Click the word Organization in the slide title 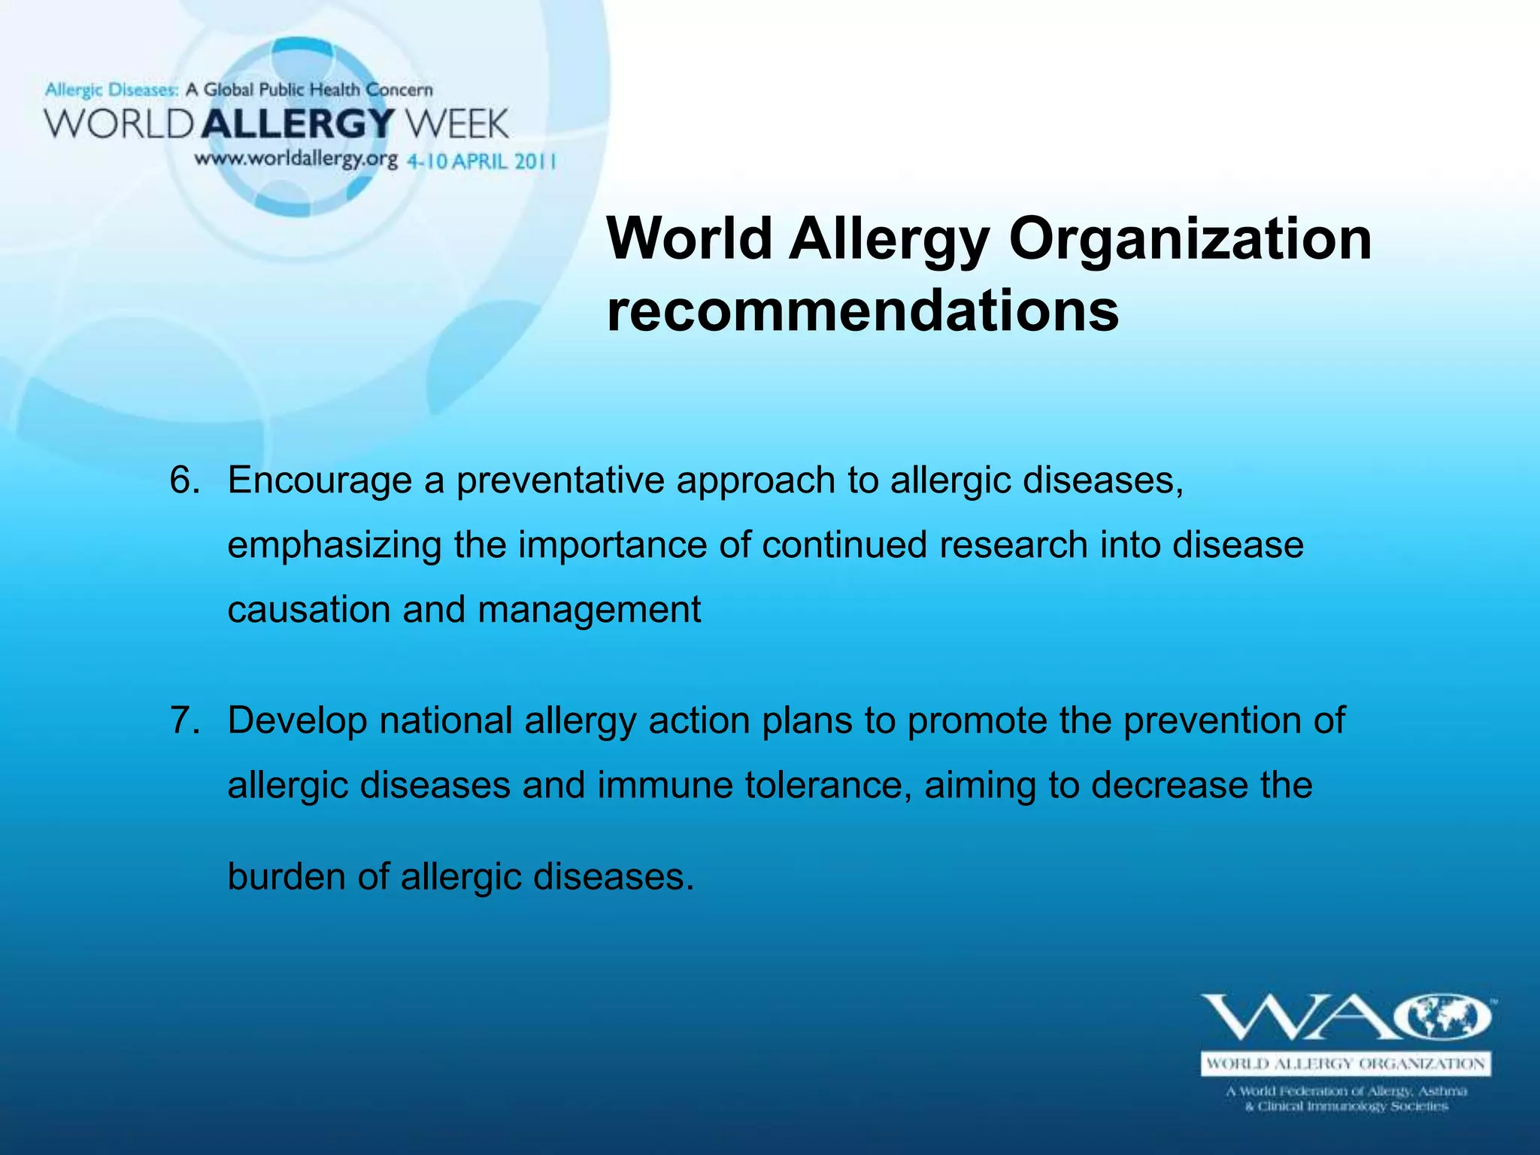(1190, 239)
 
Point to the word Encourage (320, 480)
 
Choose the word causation (308, 609)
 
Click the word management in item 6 (589, 610)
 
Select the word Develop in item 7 (296, 720)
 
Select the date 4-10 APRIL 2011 (481, 161)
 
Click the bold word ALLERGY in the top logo (298, 123)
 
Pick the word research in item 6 (1013, 545)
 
